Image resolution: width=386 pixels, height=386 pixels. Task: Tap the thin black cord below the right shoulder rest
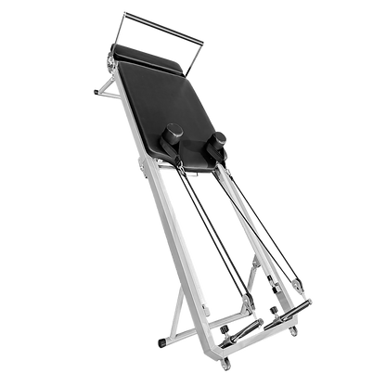click(x=239, y=223)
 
